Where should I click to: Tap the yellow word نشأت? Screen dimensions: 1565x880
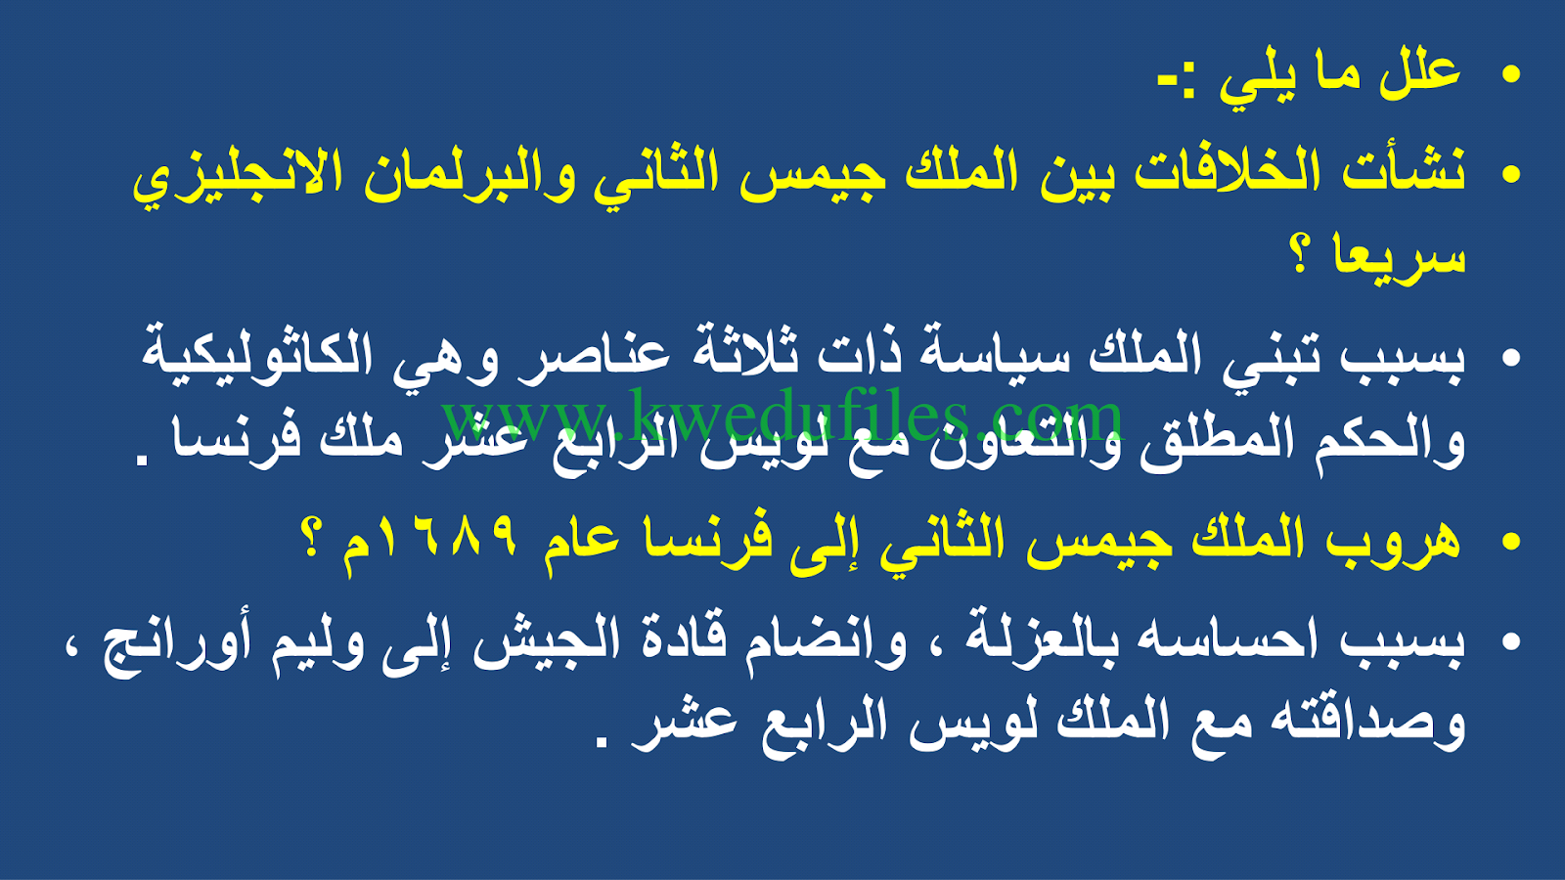click(x=1405, y=170)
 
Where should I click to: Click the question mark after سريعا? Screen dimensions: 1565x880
click(x=1300, y=255)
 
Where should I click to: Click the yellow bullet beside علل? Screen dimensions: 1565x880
click(x=1510, y=74)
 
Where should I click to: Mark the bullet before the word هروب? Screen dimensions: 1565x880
click(x=1510, y=543)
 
